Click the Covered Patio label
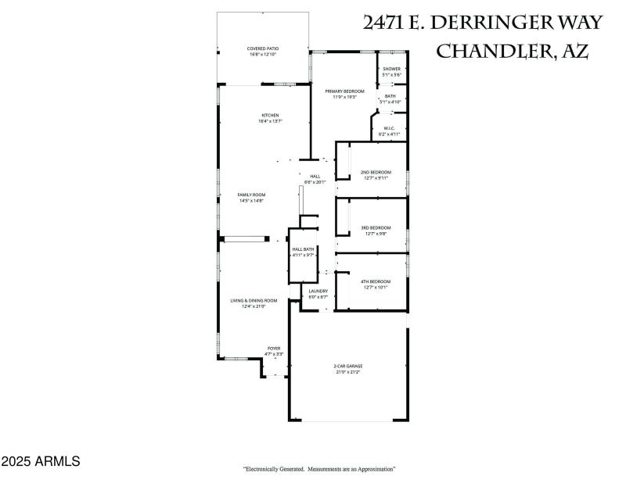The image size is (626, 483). click(x=263, y=48)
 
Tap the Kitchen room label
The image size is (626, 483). click(x=270, y=116)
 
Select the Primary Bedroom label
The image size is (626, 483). click(x=345, y=91)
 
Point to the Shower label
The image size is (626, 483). click(x=391, y=69)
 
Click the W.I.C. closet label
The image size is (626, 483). click(x=389, y=128)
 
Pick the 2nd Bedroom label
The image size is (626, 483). click(x=376, y=172)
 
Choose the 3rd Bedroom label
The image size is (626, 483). click(x=376, y=227)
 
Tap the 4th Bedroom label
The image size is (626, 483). click(x=376, y=281)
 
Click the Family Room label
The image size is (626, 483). click(x=252, y=195)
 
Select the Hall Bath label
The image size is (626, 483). click(x=303, y=249)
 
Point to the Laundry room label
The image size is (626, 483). click(x=318, y=292)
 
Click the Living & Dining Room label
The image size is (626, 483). click(x=254, y=301)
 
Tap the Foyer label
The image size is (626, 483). click(x=274, y=349)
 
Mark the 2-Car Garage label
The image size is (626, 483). click(x=348, y=366)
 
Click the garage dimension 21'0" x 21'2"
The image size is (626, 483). click(x=348, y=372)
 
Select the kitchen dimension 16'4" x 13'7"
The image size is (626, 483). click(x=270, y=122)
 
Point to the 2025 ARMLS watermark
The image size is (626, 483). click(x=41, y=462)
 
